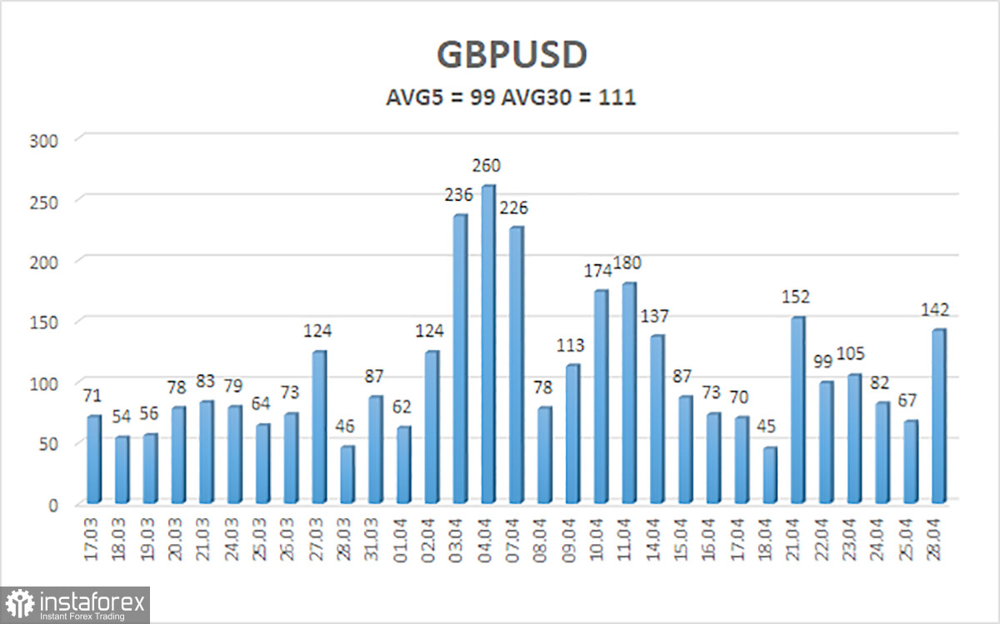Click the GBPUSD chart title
tap(512, 55)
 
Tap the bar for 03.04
tap(459, 358)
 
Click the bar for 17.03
tap(93, 459)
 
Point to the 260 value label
tap(487, 166)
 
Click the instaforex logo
tap(77, 604)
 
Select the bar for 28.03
tap(347, 475)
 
